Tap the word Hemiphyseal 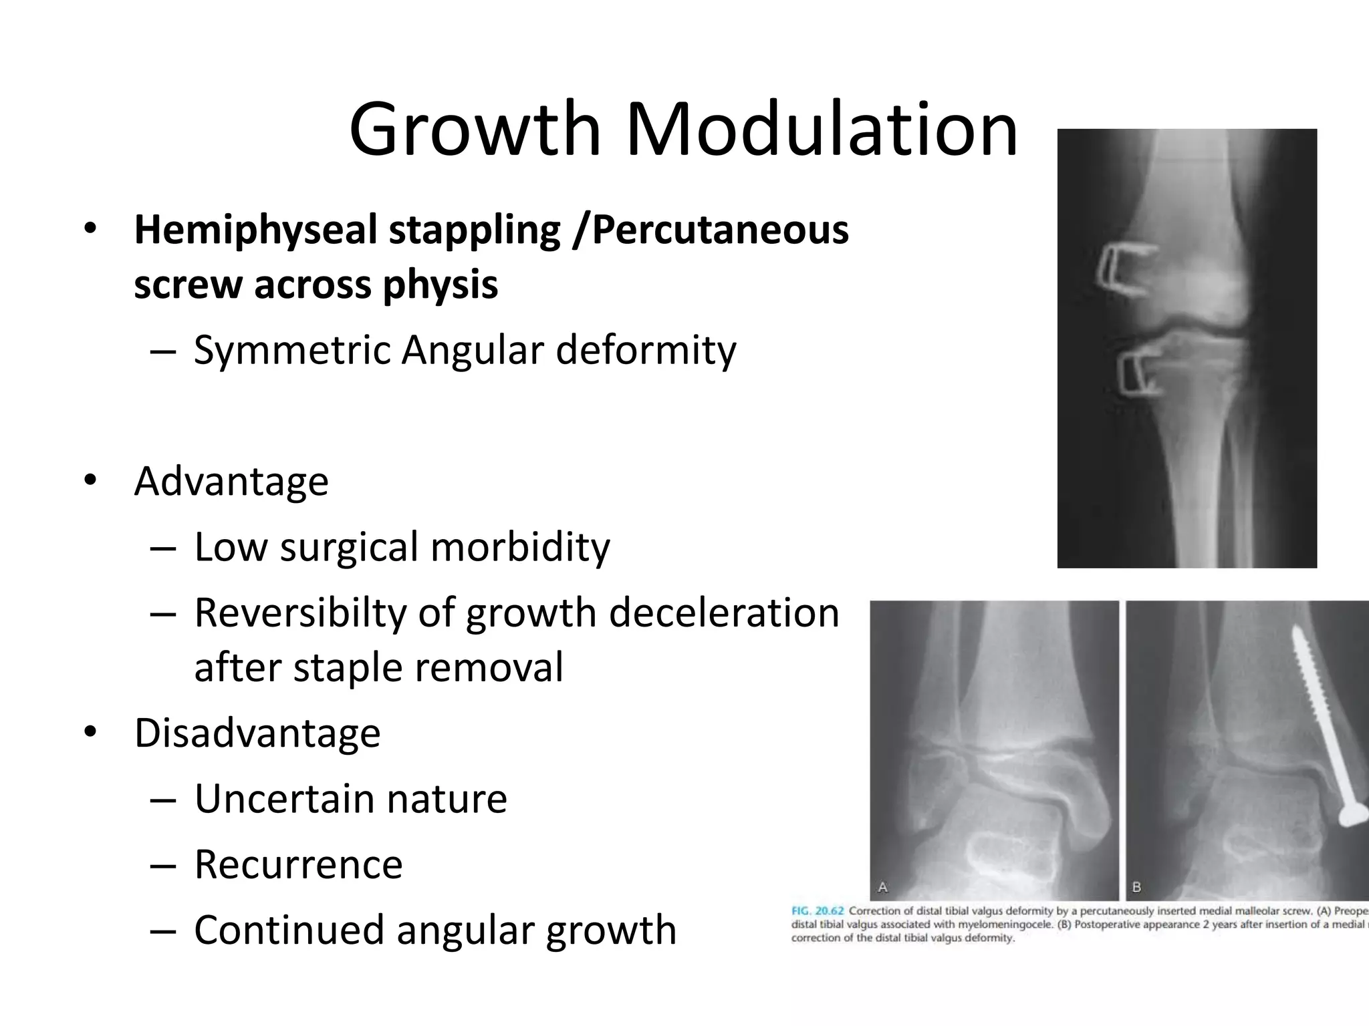(x=257, y=230)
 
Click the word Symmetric (x=291, y=350)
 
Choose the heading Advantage (x=231, y=482)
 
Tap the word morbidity (x=520, y=547)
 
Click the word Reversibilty (x=300, y=613)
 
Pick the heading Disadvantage (x=257, y=733)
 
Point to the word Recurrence (x=298, y=864)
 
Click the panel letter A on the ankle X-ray (x=882, y=887)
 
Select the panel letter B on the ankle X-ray (x=1136, y=887)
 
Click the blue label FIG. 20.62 (x=818, y=911)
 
